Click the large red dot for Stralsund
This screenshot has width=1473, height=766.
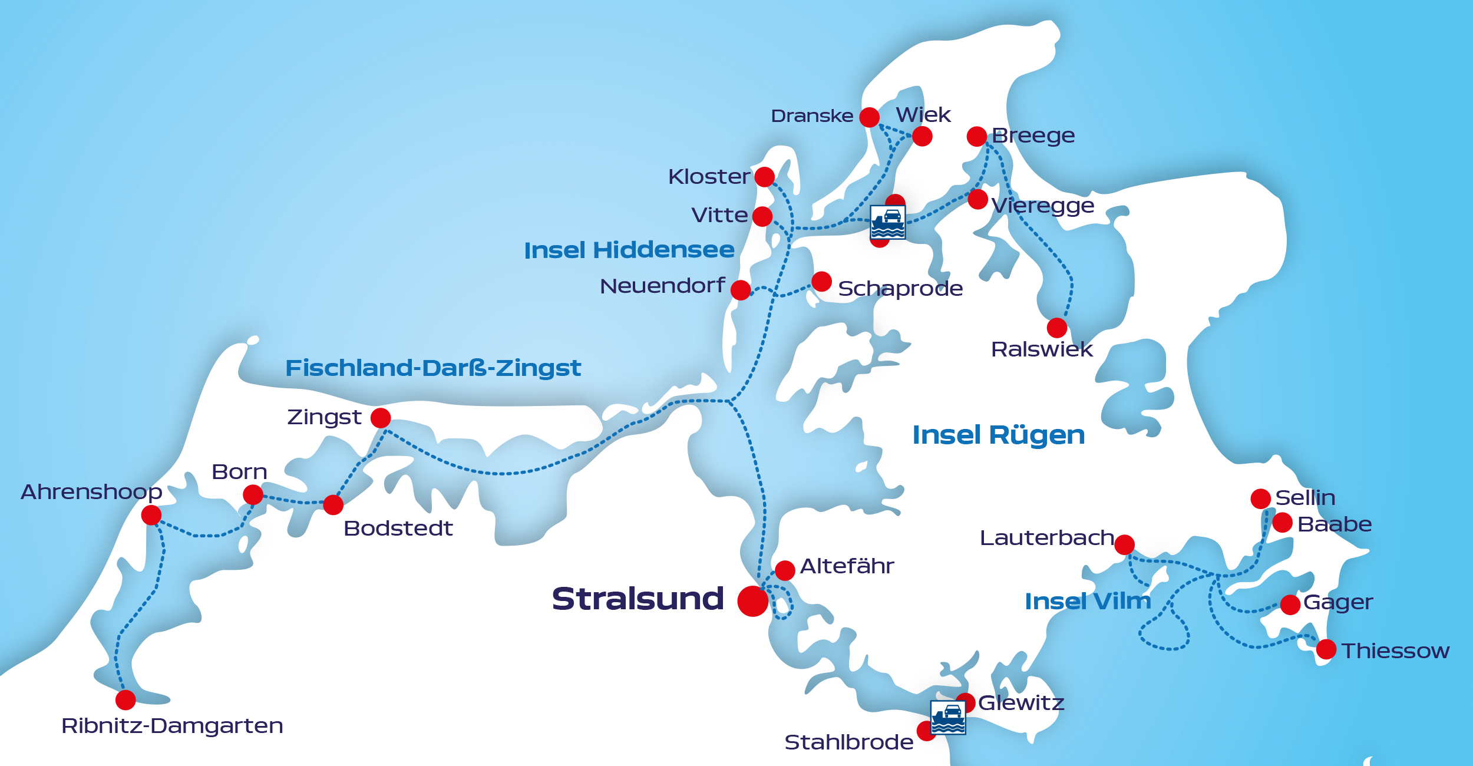click(752, 601)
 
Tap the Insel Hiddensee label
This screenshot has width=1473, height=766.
click(629, 250)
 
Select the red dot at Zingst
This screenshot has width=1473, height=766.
click(381, 418)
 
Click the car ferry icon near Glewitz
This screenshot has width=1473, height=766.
click(947, 717)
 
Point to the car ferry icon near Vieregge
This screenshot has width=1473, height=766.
click(887, 222)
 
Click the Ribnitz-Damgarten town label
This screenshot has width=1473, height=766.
click(172, 725)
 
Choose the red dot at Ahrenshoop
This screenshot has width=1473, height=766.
click(151, 515)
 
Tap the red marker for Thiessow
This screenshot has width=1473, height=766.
click(1326, 649)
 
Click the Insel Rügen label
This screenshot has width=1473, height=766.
click(998, 435)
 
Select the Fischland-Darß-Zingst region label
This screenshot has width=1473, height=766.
click(433, 368)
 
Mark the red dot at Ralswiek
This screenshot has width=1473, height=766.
click(1057, 328)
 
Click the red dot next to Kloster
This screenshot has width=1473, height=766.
click(764, 177)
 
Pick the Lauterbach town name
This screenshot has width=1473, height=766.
click(1046, 537)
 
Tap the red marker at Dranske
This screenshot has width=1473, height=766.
click(869, 117)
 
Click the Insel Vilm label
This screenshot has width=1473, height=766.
click(1088, 601)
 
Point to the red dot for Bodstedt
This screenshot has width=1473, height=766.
click(333, 504)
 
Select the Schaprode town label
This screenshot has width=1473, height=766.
click(900, 288)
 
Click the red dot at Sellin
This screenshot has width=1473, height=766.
click(1260, 498)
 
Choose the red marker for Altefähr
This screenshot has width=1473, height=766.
click(785, 570)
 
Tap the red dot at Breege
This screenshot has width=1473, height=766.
click(977, 136)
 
